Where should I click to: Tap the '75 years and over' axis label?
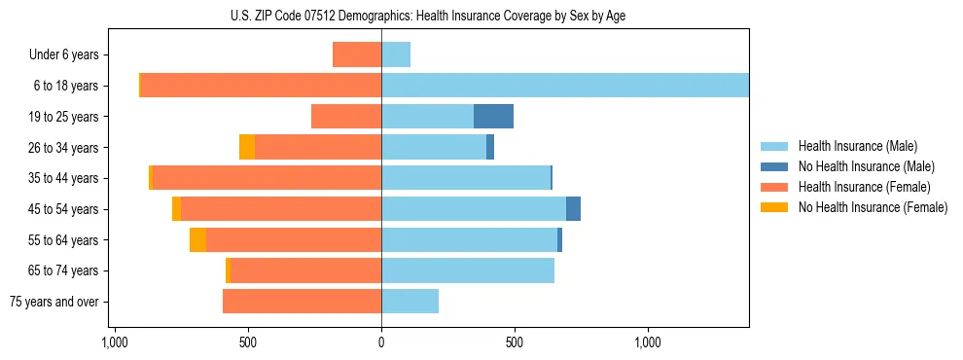54,302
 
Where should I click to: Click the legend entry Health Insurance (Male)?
856,146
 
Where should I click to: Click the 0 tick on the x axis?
381,342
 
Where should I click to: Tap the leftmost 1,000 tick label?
115,342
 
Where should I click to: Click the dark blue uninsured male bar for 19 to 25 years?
493,117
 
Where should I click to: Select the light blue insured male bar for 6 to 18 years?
564,86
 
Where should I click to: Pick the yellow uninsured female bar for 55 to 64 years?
197,240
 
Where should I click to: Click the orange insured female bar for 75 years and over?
302,302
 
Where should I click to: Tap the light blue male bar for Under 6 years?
396,54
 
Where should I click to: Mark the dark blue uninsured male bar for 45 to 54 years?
573,209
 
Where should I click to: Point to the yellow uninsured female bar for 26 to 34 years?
247,147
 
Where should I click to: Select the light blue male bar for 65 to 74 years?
468,270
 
